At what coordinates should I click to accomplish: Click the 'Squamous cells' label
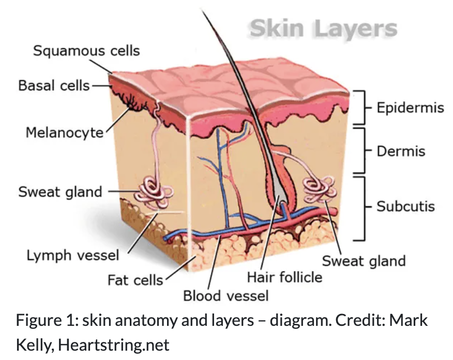[86, 51]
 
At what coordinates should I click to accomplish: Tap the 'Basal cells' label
[54, 85]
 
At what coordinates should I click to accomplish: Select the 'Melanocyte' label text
[65, 132]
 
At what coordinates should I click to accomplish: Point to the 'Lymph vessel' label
[73, 256]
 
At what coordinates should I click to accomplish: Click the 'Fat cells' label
[135, 280]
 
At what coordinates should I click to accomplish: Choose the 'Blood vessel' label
[226, 296]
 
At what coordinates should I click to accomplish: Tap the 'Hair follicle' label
[284, 277]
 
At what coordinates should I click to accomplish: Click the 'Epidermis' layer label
[410, 108]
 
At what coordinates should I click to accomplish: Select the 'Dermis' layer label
[401, 151]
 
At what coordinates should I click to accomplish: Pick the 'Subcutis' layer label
[405, 206]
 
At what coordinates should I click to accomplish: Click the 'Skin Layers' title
[324, 29]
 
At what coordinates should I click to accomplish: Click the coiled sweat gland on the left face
[154, 193]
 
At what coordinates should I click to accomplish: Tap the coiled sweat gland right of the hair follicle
[319, 189]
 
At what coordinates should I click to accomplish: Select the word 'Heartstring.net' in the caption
[114, 344]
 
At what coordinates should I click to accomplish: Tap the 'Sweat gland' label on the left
[60, 192]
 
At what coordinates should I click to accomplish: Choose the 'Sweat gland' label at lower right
[364, 261]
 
